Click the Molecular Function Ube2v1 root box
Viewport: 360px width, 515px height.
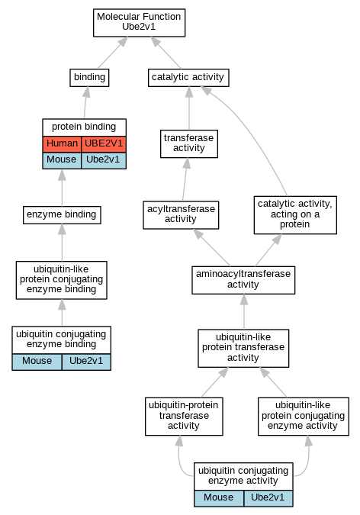tap(140, 23)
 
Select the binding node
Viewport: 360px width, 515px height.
tap(89, 78)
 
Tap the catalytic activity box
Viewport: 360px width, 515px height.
tap(188, 78)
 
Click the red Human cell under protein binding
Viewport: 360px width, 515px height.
tap(62, 144)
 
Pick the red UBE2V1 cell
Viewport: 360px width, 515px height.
tap(104, 144)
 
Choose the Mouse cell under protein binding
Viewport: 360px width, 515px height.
tap(62, 161)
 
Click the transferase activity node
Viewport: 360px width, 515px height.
tap(189, 143)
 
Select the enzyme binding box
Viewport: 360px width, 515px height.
tap(62, 215)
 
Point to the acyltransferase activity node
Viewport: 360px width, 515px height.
tap(181, 215)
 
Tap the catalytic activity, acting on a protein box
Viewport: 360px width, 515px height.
tap(295, 215)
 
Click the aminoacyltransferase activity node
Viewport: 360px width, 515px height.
tap(243, 280)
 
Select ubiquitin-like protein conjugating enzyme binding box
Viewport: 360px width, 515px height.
tap(62, 280)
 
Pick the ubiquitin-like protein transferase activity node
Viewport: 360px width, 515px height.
tap(243, 348)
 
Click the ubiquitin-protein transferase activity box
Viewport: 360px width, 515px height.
tap(184, 416)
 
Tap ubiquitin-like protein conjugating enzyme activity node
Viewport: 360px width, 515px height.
tap(304, 416)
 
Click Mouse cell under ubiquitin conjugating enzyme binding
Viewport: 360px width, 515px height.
tap(37, 362)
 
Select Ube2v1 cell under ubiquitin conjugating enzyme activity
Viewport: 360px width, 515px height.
tap(268, 498)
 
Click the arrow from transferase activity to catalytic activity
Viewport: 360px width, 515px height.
tap(189, 108)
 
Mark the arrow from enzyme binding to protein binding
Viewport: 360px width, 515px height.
tap(62, 188)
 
